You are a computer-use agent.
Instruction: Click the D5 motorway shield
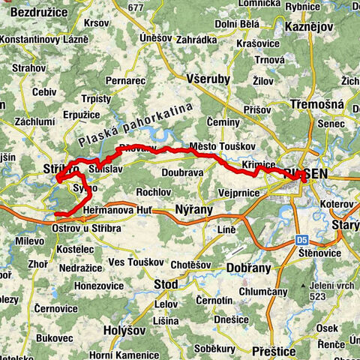pyautogui.click(x=301, y=240)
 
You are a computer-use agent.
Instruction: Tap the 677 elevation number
pyautogui.click(x=135, y=7)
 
